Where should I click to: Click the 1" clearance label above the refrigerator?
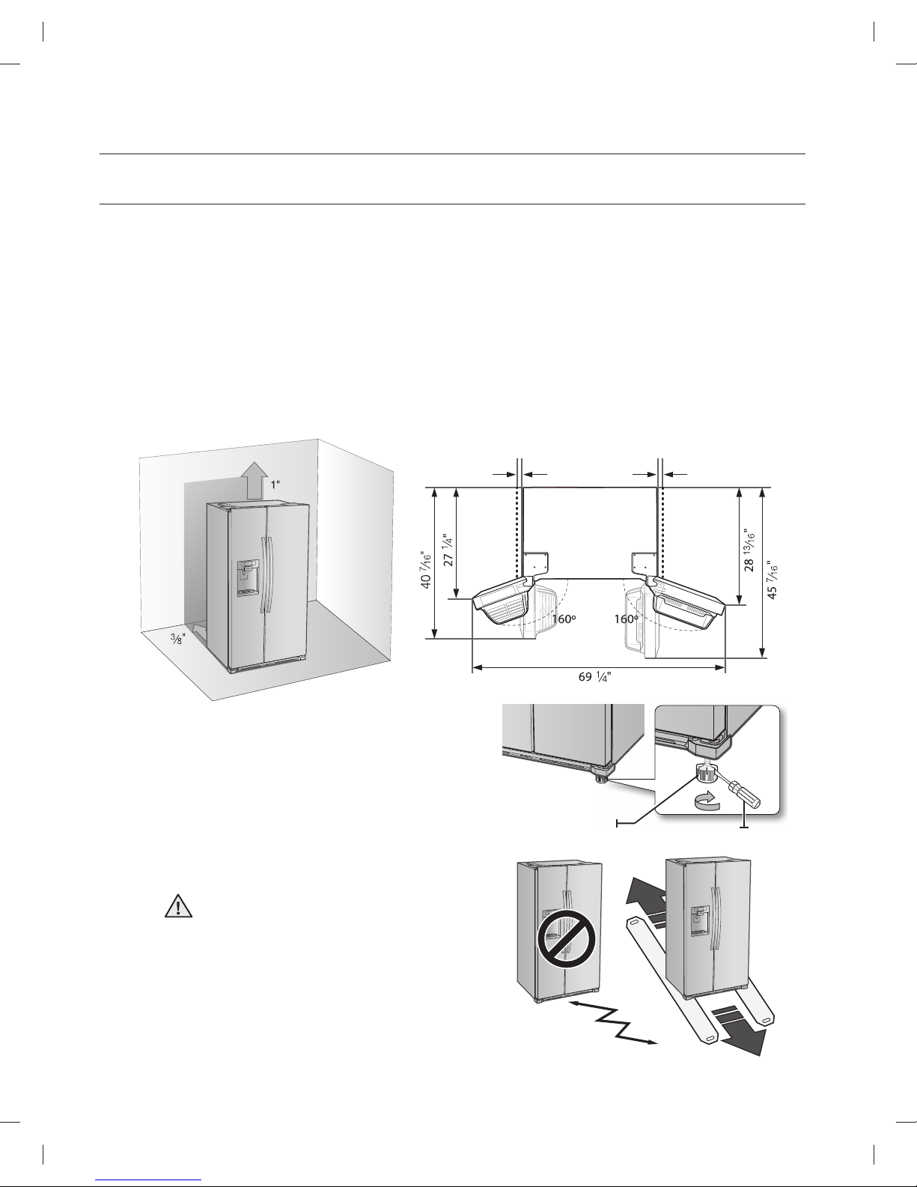coord(275,485)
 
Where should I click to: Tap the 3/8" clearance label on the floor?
coord(178,638)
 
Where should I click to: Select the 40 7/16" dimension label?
coord(426,568)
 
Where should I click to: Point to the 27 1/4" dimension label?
coord(448,550)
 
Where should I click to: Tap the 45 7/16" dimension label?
coord(772,580)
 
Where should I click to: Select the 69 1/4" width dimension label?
coord(595,677)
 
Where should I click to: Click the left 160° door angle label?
coord(564,619)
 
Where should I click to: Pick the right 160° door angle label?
coord(626,619)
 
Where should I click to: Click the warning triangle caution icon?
coord(178,906)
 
